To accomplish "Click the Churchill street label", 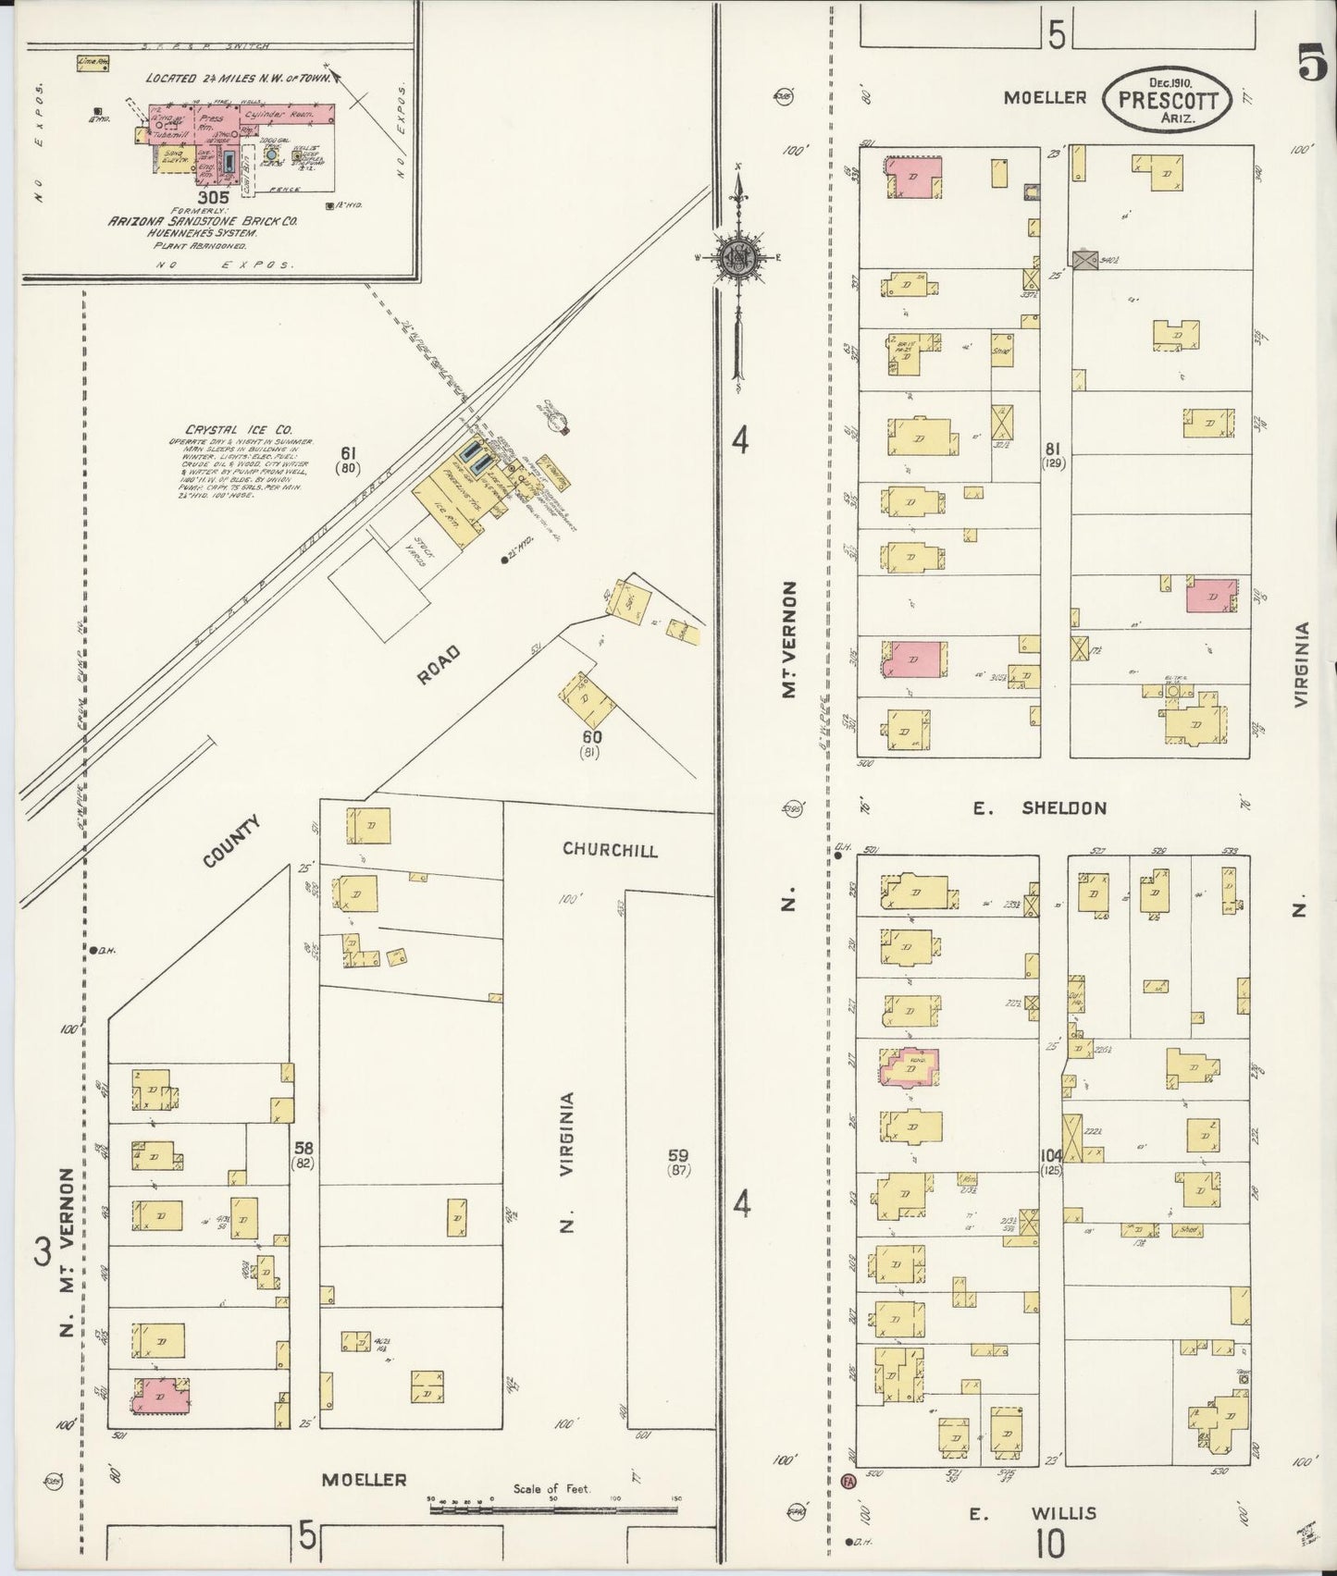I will click(610, 850).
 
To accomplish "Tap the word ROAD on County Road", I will click(438, 665).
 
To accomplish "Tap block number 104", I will click(1051, 1155).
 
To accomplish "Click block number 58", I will click(303, 1148).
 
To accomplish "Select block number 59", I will click(678, 1155).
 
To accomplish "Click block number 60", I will click(591, 737).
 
